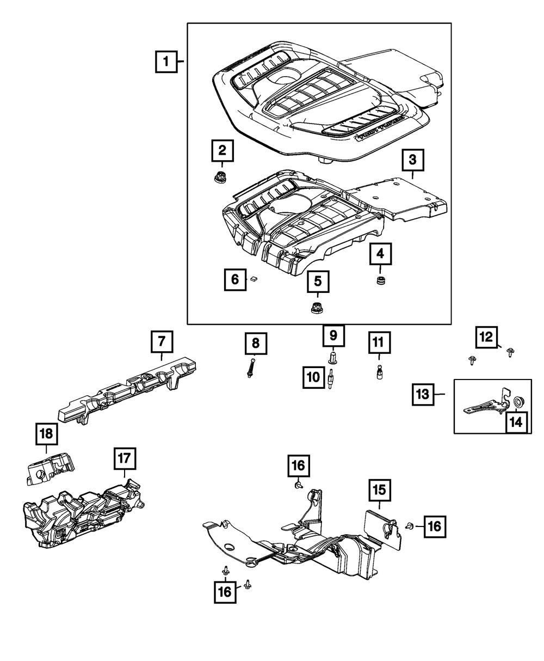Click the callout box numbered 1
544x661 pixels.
(x=167, y=62)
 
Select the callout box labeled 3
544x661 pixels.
(x=412, y=160)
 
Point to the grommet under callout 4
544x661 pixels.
(x=380, y=281)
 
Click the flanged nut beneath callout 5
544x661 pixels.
(x=316, y=308)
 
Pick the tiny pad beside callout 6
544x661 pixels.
(x=254, y=279)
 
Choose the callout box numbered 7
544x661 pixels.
(x=162, y=342)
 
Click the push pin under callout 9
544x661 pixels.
(x=333, y=358)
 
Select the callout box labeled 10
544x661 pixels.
(x=314, y=377)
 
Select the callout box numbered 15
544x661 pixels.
(x=379, y=490)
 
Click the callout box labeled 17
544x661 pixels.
(x=125, y=459)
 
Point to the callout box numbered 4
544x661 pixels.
(x=380, y=253)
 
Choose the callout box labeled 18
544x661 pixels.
(x=46, y=433)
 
